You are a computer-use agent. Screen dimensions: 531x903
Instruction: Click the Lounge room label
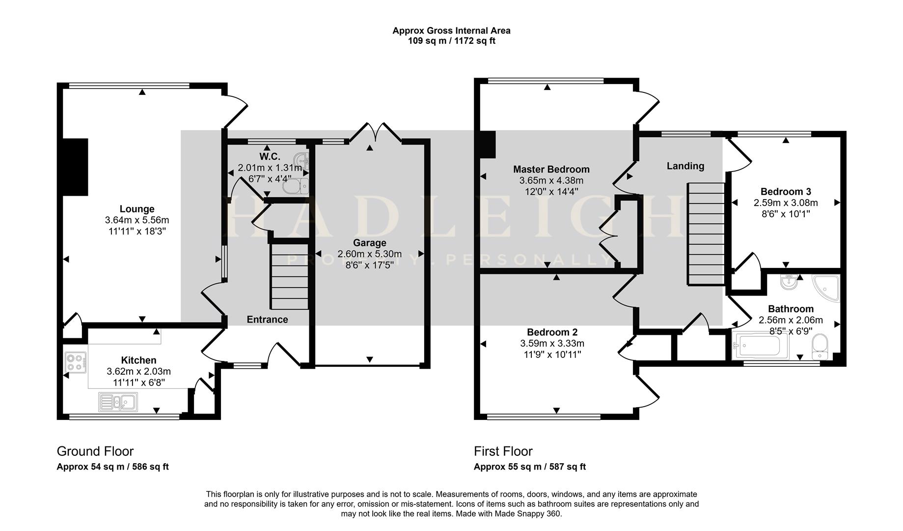[137, 209]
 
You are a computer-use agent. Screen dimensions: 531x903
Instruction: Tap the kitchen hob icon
[75, 362]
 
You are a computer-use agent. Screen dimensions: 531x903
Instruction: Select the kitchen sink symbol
[118, 402]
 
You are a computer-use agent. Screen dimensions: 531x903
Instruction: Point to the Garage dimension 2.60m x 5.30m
[369, 254]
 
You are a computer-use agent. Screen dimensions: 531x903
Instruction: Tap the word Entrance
[267, 320]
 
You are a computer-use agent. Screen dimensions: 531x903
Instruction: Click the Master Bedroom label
[551, 169]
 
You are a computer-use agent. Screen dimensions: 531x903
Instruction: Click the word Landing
[685, 166]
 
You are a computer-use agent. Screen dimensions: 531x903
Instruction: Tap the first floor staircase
[706, 234]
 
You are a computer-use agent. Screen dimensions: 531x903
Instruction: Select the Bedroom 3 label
[785, 192]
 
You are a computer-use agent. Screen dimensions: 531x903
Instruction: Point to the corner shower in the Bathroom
[827, 288]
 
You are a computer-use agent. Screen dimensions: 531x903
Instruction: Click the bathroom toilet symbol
[820, 346]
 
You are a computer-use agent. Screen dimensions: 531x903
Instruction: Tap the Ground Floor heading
[95, 451]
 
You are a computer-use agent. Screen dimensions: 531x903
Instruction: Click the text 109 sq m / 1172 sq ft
[451, 41]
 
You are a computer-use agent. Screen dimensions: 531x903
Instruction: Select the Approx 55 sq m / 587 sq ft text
[529, 467]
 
